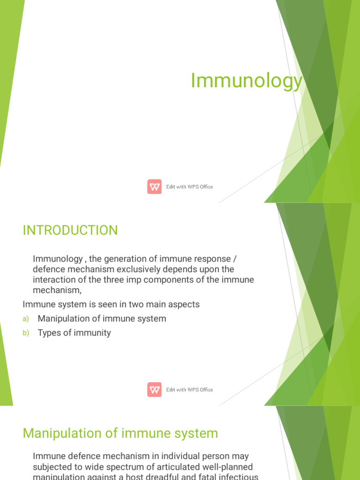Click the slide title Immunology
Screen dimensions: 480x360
pyautogui.click(x=247, y=81)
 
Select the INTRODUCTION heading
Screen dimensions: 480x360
pyautogui.click(x=70, y=231)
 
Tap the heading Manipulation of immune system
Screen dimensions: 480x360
pyautogui.click(x=120, y=433)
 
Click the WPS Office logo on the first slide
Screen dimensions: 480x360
pyautogui.click(x=154, y=187)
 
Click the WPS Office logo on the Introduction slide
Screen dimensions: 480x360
pyautogui.click(x=154, y=390)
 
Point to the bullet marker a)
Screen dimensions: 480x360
pyautogui.click(x=26, y=319)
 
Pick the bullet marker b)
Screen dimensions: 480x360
pyautogui.click(x=26, y=333)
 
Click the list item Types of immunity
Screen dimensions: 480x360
pyautogui.click(x=74, y=333)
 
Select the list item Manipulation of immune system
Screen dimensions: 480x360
pyautogui.click(x=102, y=319)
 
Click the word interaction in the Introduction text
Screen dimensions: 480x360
pyautogui.click(x=53, y=279)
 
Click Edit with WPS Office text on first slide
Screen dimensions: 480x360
pyautogui.click(x=189, y=187)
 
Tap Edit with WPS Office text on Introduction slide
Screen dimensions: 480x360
pyautogui.click(x=189, y=390)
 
